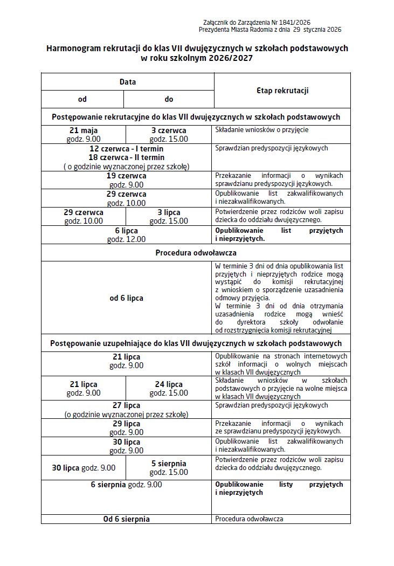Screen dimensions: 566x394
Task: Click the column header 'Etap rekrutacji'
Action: [282, 91]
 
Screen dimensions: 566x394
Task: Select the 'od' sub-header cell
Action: [82, 99]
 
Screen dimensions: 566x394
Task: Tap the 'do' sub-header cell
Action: [169, 99]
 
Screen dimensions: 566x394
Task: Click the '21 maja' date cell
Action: [84, 134]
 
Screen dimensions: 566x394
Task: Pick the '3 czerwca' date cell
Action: [169, 134]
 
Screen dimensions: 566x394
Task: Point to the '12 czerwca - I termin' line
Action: [126, 148]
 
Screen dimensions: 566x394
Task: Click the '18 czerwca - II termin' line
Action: [126, 157]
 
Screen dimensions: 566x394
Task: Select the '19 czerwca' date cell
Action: [126, 180]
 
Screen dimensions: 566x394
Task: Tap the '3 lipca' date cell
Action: [169, 216]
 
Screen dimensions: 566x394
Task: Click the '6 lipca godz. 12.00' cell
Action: [126, 234]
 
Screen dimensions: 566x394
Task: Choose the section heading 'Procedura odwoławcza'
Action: [196, 252]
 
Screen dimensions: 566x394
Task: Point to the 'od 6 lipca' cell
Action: [126, 298]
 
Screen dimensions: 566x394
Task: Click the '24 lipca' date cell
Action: [169, 388]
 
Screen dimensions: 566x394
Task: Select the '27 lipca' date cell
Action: [126, 409]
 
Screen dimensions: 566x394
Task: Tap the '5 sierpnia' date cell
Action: [169, 467]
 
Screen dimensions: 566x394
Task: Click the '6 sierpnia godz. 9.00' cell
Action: [126, 485]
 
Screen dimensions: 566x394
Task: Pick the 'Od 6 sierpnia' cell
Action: [126, 519]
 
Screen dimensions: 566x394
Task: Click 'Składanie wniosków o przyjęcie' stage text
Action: [262, 130]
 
